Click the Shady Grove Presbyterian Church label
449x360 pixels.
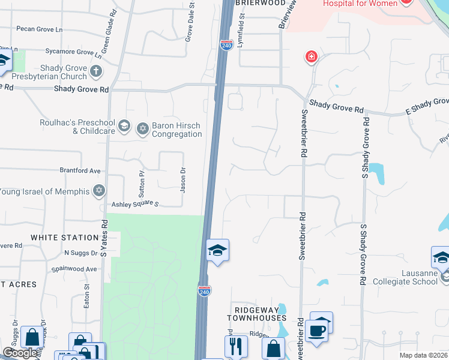click(55, 72)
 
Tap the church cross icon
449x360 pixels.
click(96, 73)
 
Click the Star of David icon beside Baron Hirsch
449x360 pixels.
click(143, 128)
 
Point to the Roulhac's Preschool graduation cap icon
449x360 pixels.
click(124, 126)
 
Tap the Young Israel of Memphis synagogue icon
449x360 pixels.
click(99, 191)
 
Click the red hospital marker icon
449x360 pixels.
click(311, 58)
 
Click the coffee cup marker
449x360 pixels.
click(316, 329)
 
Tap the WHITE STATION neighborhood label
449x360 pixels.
click(64, 238)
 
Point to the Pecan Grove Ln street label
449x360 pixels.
click(41, 29)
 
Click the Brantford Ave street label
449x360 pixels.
click(80, 170)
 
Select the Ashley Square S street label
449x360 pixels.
click(134, 205)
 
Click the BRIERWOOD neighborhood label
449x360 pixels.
click(261, 3)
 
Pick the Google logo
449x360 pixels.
click(20, 353)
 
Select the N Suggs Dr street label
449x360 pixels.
click(80, 253)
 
